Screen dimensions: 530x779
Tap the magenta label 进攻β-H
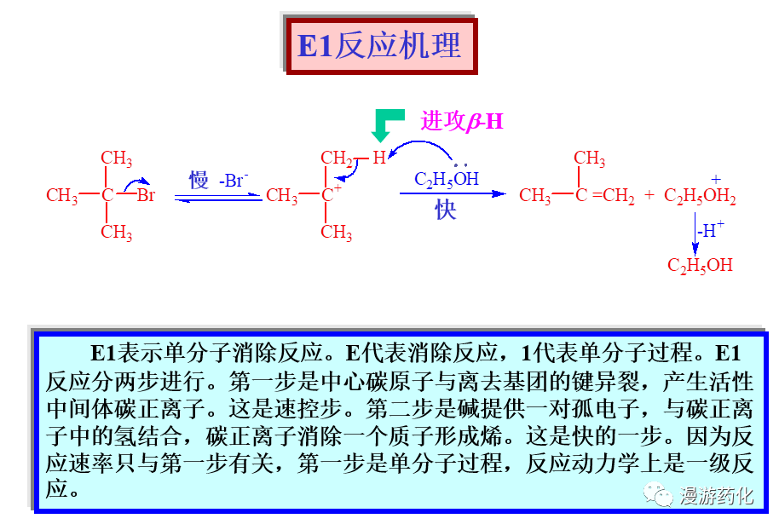pyautogui.click(x=461, y=122)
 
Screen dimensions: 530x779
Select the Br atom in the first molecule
pyautogui.click(x=146, y=196)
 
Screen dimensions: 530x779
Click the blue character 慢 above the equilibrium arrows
pyautogui.click(x=199, y=180)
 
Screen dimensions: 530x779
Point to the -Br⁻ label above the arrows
pyautogui.click(x=233, y=180)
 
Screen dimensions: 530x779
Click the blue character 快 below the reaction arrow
pyautogui.click(x=446, y=210)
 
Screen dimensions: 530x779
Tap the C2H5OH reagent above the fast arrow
pyautogui.click(x=447, y=179)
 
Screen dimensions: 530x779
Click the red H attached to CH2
pyautogui.click(x=378, y=158)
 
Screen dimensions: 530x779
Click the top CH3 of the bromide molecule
pyautogui.click(x=116, y=158)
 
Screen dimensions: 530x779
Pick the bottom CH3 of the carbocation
pyautogui.click(x=337, y=232)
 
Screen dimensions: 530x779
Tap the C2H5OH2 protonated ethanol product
pyautogui.click(x=700, y=197)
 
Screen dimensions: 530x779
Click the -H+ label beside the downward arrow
pyautogui.click(x=710, y=229)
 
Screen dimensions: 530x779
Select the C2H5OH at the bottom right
pyautogui.click(x=700, y=265)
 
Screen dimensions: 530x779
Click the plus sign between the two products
pyautogui.click(x=649, y=195)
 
